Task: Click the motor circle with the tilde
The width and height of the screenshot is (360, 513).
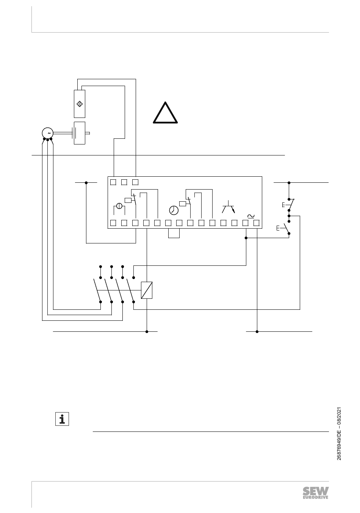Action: (48, 133)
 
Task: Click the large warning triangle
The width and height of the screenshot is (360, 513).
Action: (165, 113)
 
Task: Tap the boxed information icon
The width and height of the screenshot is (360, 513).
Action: (62, 419)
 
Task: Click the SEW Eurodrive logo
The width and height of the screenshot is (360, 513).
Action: (316, 493)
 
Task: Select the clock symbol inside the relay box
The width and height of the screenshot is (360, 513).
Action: (174, 210)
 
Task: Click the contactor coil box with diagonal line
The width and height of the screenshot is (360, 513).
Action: (147, 290)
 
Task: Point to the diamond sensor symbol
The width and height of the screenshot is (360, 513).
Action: (80, 104)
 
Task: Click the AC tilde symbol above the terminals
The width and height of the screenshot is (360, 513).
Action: (251, 216)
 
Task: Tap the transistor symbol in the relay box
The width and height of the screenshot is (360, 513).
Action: (229, 207)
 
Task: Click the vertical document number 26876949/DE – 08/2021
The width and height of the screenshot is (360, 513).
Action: (339, 433)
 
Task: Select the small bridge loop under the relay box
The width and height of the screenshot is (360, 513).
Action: (174, 233)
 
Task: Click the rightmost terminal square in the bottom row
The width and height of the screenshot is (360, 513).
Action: (256, 223)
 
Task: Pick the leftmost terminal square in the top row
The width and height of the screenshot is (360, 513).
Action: (113, 182)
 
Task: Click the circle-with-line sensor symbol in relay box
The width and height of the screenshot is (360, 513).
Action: (119, 206)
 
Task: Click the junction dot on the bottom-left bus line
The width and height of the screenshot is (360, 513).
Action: (147, 332)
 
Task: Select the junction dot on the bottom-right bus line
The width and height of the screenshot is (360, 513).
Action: (257, 332)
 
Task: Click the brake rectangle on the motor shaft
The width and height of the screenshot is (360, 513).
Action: (80, 133)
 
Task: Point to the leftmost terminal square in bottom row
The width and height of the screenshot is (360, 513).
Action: (113, 223)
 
